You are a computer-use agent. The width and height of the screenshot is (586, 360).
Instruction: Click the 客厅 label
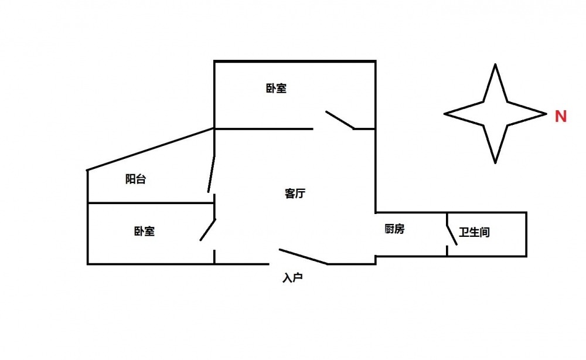[295, 194]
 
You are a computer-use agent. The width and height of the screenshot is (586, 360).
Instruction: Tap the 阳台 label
[135, 179]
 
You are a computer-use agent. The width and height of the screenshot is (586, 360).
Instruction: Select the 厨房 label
[394, 229]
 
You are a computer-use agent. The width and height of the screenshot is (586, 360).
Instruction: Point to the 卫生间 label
[474, 232]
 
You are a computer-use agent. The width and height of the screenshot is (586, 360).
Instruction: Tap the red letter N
[561, 117]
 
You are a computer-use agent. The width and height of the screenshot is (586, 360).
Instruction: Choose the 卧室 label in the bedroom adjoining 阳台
[144, 231]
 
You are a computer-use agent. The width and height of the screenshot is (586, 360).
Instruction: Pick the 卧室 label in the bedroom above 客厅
[276, 89]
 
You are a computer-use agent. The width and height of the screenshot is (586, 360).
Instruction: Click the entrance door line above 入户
[304, 257]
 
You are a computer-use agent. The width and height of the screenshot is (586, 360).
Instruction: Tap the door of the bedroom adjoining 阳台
[208, 229]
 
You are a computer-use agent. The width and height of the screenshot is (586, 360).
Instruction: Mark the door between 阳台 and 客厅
[212, 174]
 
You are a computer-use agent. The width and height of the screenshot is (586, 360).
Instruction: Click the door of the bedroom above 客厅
[340, 120]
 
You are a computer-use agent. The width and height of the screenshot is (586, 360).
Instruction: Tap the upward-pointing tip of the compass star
[496, 64]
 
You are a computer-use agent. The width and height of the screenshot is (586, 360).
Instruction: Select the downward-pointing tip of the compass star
[496, 162]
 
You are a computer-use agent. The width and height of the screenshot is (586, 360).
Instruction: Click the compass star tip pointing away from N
[445, 113]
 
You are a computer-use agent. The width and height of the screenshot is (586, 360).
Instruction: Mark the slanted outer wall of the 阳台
[151, 150]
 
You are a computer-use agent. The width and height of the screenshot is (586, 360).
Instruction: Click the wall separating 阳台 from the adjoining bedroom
[151, 203]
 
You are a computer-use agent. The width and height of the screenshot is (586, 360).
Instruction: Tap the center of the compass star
[496, 113]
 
